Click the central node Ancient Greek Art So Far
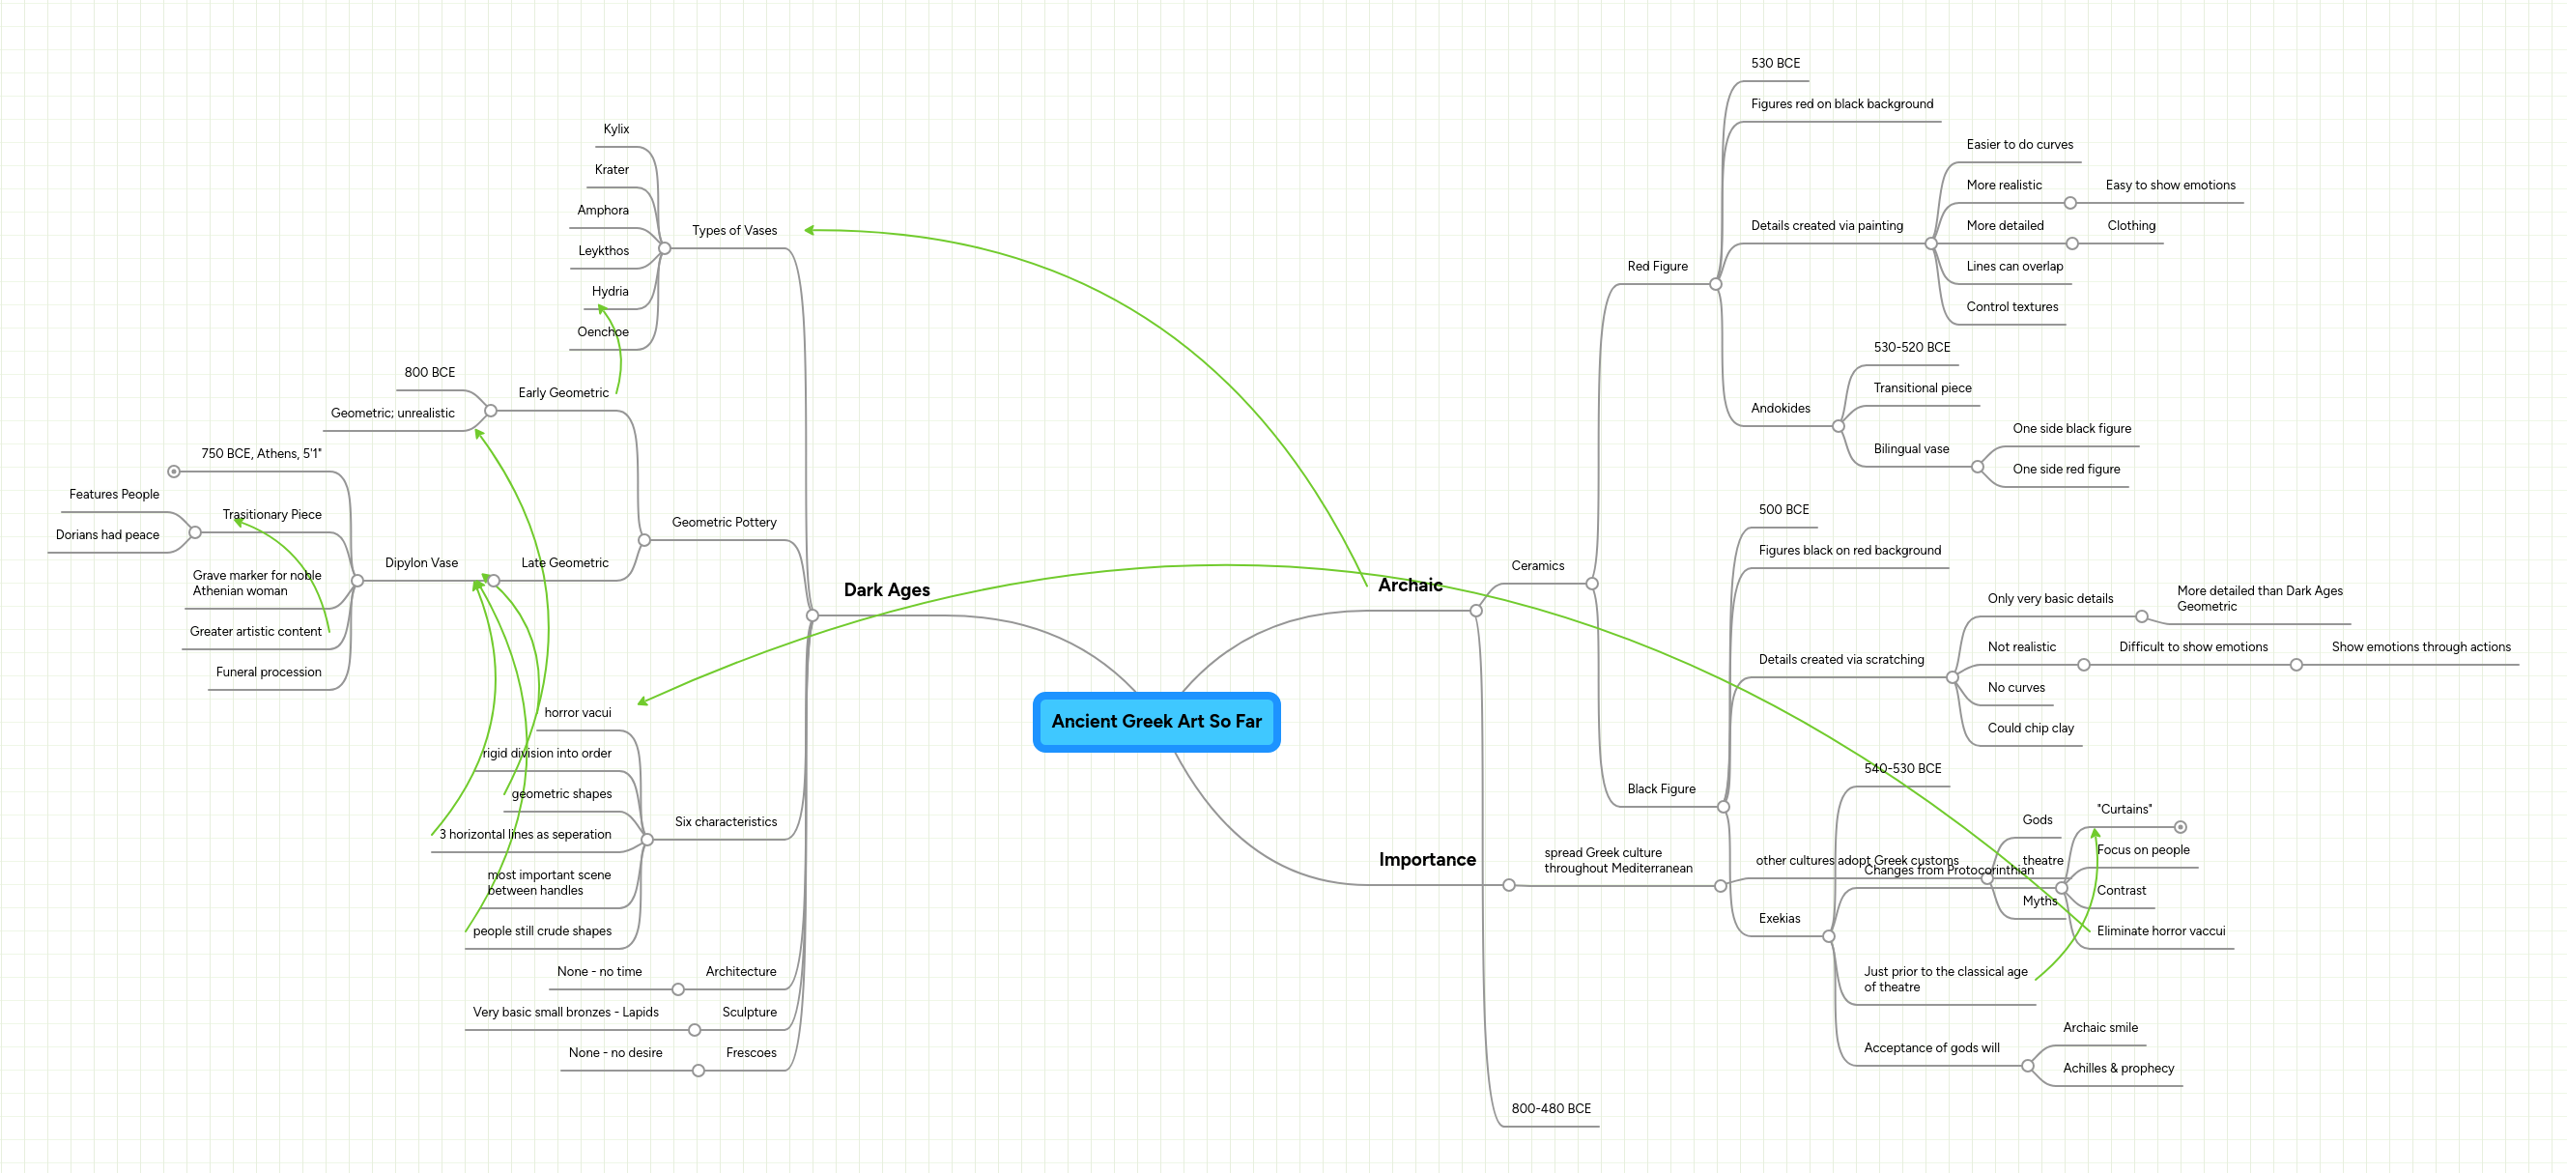point(1155,722)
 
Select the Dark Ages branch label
point(886,590)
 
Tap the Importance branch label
point(1427,860)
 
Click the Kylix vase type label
point(615,129)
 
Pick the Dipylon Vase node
point(421,563)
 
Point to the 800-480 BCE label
point(1551,1109)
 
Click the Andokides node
point(1780,409)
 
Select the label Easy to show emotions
point(2169,186)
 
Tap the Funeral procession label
point(268,672)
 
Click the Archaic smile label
point(2099,1028)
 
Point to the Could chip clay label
point(2030,729)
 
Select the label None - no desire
point(614,1053)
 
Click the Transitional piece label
point(1922,388)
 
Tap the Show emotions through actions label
point(2419,647)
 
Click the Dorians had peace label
point(107,535)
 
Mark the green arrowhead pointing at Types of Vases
point(809,230)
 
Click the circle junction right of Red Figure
point(1715,285)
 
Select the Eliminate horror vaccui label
point(2159,931)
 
